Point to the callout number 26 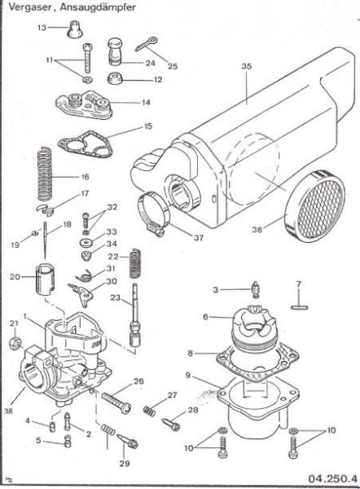(x=138, y=381)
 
